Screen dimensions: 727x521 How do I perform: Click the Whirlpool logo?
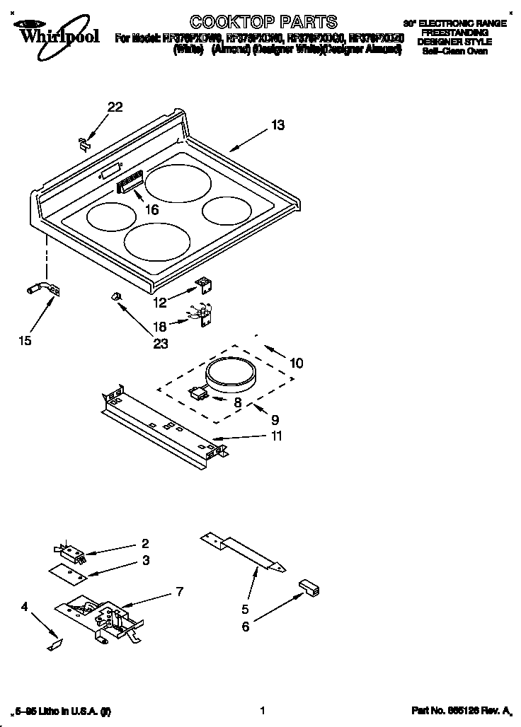click(x=48, y=32)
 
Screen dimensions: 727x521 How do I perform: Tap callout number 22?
click(x=115, y=107)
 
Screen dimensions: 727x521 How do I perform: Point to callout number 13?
click(x=277, y=125)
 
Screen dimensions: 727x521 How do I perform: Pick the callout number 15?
click(x=25, y=341)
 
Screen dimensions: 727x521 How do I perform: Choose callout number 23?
click(x=161, y=344)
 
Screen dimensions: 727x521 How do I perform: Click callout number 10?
click(x=296, y=363)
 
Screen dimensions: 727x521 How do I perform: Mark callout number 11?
click(x=275, y=436)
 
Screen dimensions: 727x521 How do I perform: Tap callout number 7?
click(x=180, y=591)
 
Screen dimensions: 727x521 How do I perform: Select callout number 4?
click(x=25, y=606)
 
